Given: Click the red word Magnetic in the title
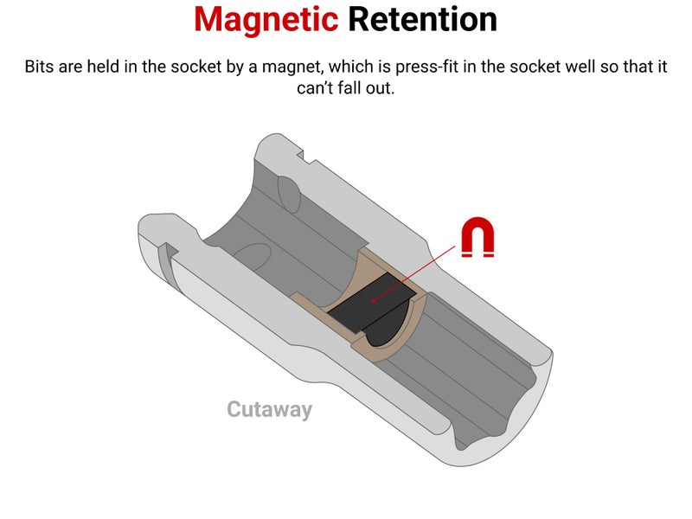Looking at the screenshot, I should (x=266, y=19).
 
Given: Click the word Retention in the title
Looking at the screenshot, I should (x=422, y=19).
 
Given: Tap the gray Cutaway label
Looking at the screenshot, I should (x=269, y=409).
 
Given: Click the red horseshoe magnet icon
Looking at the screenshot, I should (x=477, y=239).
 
